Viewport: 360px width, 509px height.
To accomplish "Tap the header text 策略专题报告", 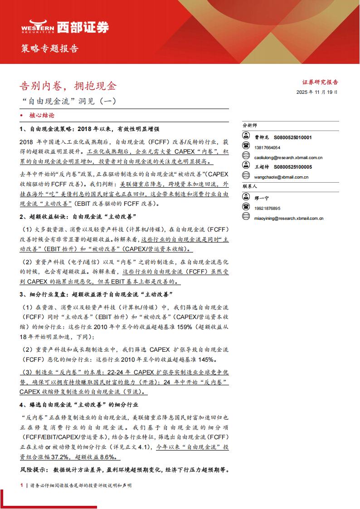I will tap(50, 48).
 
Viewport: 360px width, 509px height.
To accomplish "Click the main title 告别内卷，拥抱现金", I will tap(68, 85).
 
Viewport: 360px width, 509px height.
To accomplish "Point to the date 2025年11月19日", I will tap(317, 92).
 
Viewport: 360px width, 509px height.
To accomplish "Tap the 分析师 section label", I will tap(250, 125).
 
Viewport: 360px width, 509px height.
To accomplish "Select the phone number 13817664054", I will tap(268, 148).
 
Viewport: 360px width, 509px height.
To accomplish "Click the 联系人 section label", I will tap(250, 186).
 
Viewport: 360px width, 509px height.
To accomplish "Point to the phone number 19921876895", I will tap(268, 208).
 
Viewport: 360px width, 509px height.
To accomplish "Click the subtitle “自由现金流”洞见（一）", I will tap(69, 101).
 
